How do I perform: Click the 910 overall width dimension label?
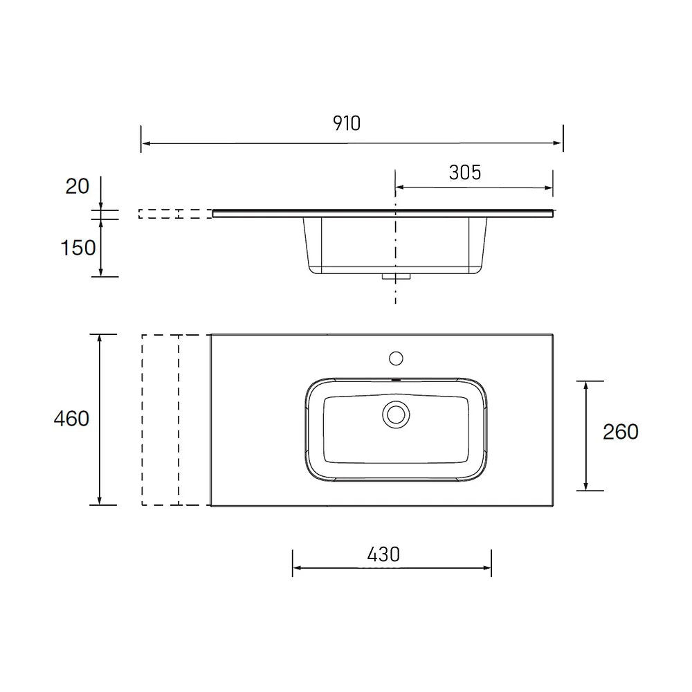(x=347, y=123)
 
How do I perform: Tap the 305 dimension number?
(x=465, y=172)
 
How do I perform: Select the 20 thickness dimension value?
(x=78, y=186)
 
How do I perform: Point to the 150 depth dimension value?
(x=78, y=248)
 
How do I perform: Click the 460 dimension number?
(x=71, y=418)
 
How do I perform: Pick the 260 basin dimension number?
(x=621, y=432)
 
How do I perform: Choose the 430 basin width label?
(x=383, y=554)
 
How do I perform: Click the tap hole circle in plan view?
(x=396, y=358)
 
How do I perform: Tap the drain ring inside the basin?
(x=396, y=415)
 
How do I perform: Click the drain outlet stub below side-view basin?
(x=396, y=277)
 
